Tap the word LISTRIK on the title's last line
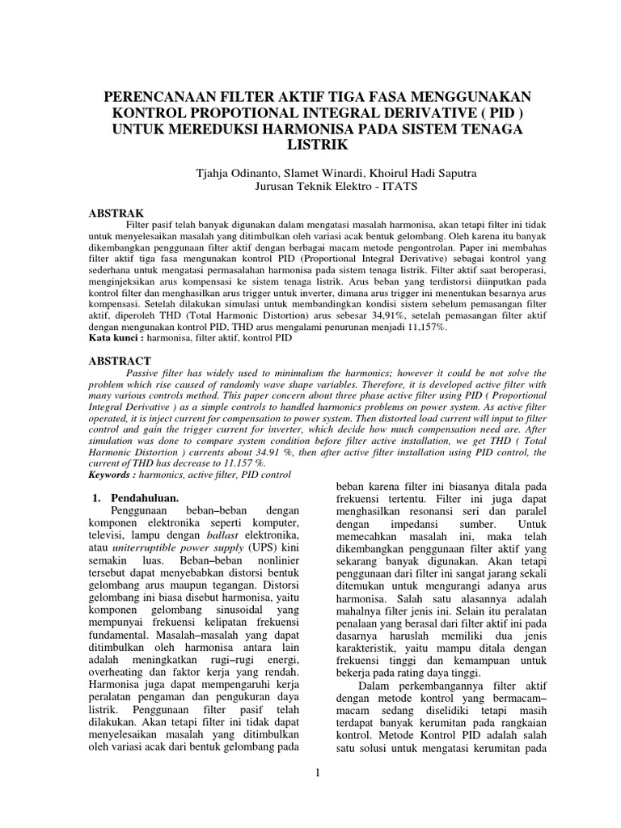point(310,146)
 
